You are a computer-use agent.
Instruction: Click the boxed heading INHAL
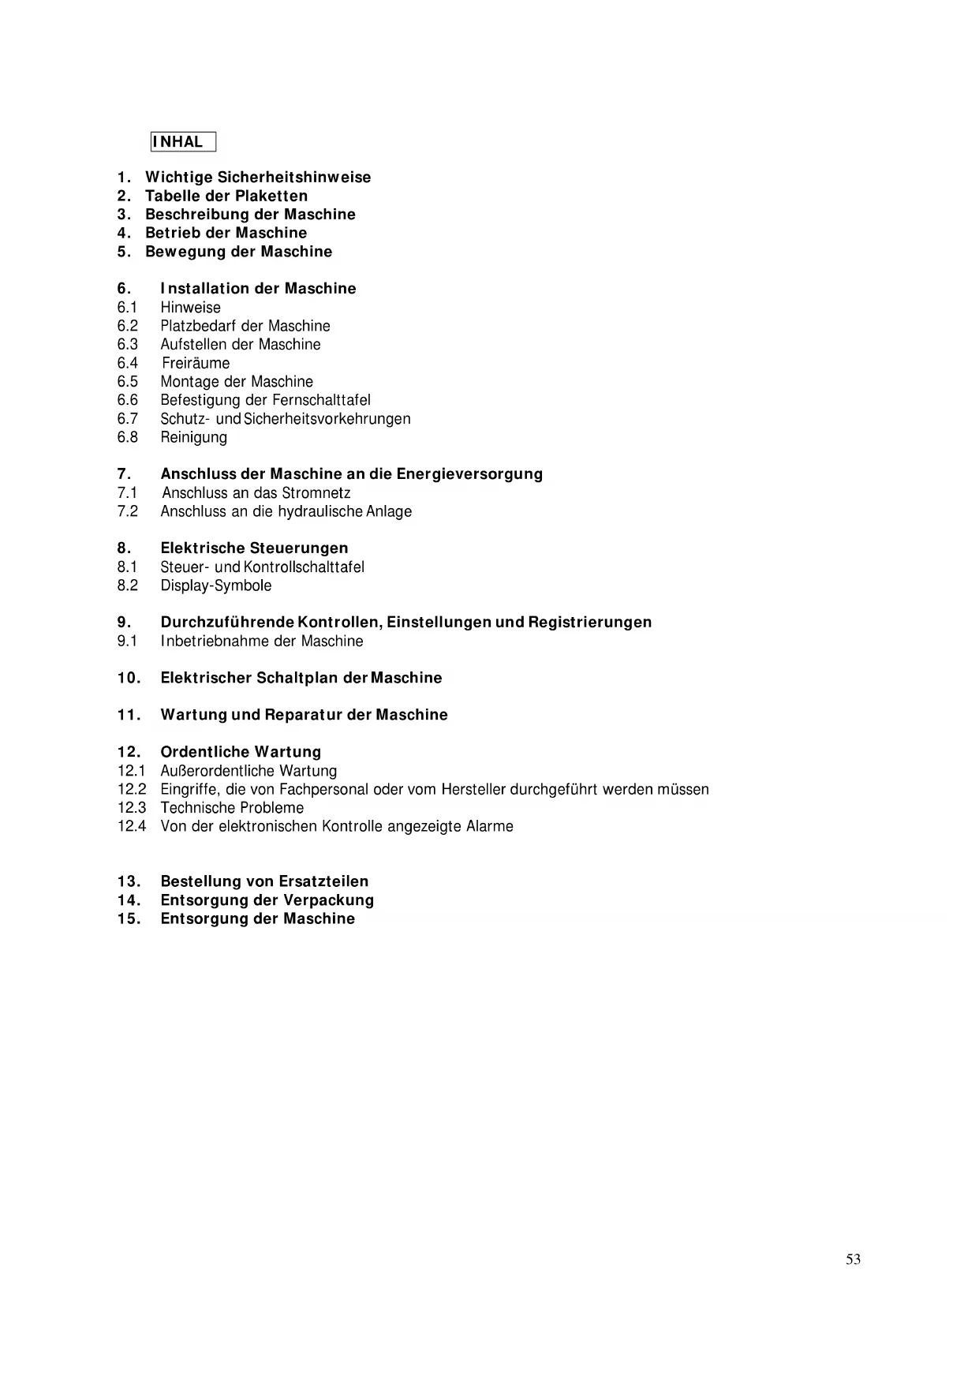182,142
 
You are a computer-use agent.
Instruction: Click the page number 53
853,1259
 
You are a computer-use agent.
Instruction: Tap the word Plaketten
271,196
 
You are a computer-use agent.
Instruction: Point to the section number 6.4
128,363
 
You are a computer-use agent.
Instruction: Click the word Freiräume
196,363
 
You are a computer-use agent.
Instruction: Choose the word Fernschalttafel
321,400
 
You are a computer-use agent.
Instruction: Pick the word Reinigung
194,437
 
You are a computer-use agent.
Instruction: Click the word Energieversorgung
469,474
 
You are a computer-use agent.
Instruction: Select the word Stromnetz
316,493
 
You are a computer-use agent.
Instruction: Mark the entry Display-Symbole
216,585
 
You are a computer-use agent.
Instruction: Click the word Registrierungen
590,623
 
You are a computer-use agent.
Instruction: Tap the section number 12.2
132,789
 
